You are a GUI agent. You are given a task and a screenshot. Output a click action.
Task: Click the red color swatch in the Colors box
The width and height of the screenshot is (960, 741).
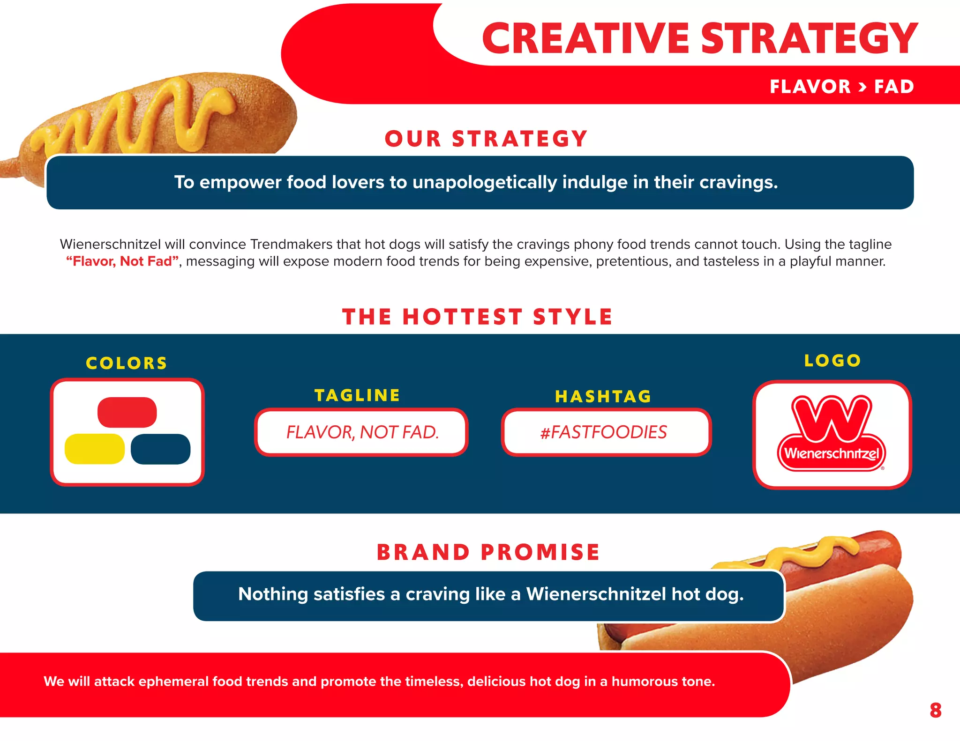[127, 412]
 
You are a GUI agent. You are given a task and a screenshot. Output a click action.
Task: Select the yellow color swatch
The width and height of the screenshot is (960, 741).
[94, 449]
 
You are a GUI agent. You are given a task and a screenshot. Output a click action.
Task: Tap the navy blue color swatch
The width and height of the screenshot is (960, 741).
[160, 449]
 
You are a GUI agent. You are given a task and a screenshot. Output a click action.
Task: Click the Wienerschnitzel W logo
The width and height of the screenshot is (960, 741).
[832, 433]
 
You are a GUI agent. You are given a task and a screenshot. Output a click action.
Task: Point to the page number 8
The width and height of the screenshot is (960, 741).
[935, 710]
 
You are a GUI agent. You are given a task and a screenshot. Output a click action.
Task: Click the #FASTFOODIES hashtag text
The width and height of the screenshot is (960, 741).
[604, 432]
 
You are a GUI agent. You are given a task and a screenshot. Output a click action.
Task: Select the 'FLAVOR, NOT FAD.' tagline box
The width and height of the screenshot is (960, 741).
[362, 432]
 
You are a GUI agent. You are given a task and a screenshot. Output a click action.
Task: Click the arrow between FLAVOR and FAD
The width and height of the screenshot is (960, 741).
[862, 87]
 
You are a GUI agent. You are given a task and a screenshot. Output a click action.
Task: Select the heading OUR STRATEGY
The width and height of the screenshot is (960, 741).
[486, 139]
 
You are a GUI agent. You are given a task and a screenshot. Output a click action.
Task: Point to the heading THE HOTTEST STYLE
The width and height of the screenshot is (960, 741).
[477, 317]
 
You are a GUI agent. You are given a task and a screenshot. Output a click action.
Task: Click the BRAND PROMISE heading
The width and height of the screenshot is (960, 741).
[488, 552]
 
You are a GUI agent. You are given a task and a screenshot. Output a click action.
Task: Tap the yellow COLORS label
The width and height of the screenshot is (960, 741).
[127, 363]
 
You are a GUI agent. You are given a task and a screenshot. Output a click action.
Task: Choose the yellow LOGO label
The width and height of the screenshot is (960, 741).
[832, 360]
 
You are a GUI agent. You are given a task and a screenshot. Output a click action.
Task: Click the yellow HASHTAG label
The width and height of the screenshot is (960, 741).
[603, 396]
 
